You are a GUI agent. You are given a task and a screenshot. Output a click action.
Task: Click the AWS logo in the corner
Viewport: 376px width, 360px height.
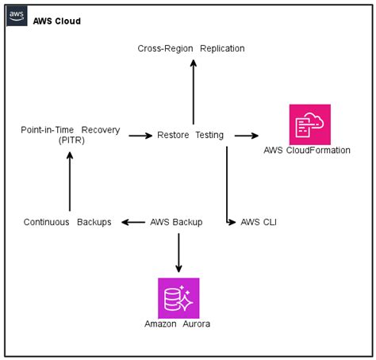17,16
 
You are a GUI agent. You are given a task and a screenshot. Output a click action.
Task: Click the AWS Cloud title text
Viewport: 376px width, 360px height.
57,21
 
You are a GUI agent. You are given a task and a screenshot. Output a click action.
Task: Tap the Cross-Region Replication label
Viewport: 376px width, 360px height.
191,48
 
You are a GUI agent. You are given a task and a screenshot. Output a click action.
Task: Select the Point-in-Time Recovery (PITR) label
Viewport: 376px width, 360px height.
71,135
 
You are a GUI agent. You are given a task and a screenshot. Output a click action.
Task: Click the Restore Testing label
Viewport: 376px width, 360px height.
190,135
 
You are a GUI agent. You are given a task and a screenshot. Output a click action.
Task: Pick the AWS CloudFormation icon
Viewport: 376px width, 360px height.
310,124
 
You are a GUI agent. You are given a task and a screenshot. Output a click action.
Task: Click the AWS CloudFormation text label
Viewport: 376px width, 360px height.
307,150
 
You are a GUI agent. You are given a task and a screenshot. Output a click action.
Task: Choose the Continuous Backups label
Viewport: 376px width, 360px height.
67,222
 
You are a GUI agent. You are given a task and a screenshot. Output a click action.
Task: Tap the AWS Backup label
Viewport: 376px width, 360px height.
176,222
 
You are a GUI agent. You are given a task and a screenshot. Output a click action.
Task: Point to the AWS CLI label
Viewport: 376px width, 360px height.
259,222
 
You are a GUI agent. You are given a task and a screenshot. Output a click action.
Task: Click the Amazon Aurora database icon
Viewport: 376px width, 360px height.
178,298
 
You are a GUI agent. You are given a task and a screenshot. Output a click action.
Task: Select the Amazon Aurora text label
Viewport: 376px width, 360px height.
177,324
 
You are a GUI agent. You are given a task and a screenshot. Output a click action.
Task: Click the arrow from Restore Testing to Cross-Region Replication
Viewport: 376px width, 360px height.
194,92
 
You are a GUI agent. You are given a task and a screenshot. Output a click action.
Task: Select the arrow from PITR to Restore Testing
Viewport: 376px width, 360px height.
140,136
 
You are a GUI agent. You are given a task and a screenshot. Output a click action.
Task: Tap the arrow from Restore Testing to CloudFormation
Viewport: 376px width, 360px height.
247,136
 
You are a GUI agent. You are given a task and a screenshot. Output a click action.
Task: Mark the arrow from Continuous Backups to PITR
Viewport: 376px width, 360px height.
70,182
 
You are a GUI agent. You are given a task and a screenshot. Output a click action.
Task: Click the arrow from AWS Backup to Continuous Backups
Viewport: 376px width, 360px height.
133,222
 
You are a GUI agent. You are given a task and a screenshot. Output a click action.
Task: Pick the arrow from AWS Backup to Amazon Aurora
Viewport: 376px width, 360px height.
178,253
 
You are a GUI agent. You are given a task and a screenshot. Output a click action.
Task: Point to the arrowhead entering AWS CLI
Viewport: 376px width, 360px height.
232,222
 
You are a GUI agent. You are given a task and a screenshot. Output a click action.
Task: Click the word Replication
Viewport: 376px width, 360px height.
222,48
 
